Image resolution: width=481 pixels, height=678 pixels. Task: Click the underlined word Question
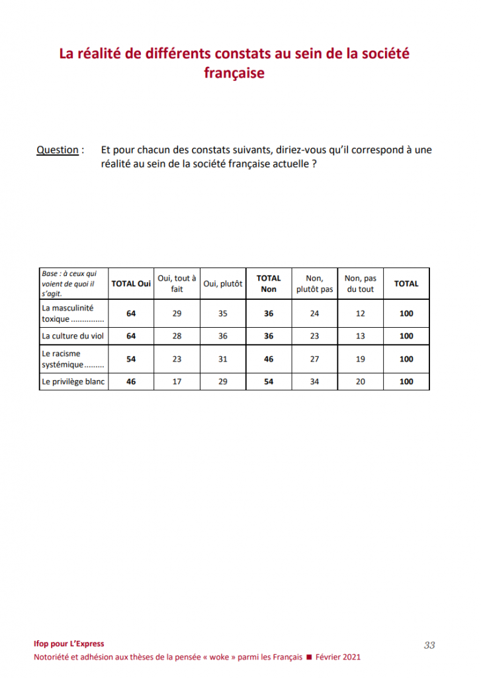pos(57,150)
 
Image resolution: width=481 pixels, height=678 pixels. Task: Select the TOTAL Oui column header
pos(131,283)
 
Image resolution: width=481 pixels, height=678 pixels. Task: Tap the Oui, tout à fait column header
pos(177,283)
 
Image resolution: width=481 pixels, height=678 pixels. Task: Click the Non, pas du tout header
pos(361,283)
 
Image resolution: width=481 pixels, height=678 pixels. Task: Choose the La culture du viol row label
pos(73,336)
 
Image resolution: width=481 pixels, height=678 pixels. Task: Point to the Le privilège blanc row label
pos(73,381)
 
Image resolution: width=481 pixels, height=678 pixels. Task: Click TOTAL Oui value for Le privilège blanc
pos(131,381)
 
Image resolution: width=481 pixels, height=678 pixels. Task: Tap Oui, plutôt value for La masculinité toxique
pos(223,313)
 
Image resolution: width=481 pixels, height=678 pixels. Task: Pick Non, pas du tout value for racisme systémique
pos(361,359)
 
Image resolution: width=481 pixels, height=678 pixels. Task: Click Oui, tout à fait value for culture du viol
pos(177,336)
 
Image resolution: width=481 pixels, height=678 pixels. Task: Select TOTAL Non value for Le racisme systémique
pos(269,359)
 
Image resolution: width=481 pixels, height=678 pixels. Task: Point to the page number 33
pos(429,645)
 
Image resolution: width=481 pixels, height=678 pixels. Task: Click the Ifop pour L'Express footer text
pos(69,644)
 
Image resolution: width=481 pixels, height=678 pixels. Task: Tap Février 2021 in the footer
pos(338,657)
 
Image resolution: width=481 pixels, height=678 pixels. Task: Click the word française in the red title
pos(234,73)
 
